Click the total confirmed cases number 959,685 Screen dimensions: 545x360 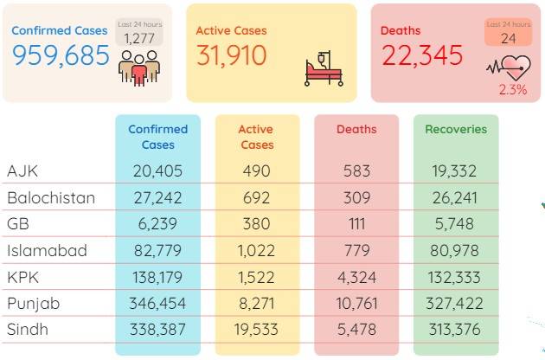[x=61, y=55]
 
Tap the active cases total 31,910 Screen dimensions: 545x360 [x=232, y=55]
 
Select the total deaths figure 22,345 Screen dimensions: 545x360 [x=422, y=55]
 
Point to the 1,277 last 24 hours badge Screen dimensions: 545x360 [x=139, y=32]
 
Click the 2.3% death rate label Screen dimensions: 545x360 [x=513, y=90]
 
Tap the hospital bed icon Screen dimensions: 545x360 [x=324, y=68]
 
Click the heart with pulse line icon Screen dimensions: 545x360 [x=509, y=67]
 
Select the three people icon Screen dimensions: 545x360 [x=139, y=67]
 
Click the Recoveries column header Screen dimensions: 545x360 [x=456, y=130]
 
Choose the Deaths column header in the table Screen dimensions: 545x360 [x=356, y=130]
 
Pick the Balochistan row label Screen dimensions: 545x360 [x=51, y=197]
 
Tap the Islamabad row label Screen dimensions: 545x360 [x=47, y=250]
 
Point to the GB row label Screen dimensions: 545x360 [x=18, y=223]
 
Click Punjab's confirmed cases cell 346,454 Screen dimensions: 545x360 [x=157, y=303]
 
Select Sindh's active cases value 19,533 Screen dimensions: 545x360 [x=256, y=330]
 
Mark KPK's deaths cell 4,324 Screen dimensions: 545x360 [x=356, y=277]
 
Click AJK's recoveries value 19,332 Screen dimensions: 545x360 [x=454, y=170]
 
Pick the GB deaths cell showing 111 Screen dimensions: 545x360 [x=357, y=223]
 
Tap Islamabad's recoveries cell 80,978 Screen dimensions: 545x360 [x=454, y=250]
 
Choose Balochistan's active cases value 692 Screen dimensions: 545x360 [x=257, y=197]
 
